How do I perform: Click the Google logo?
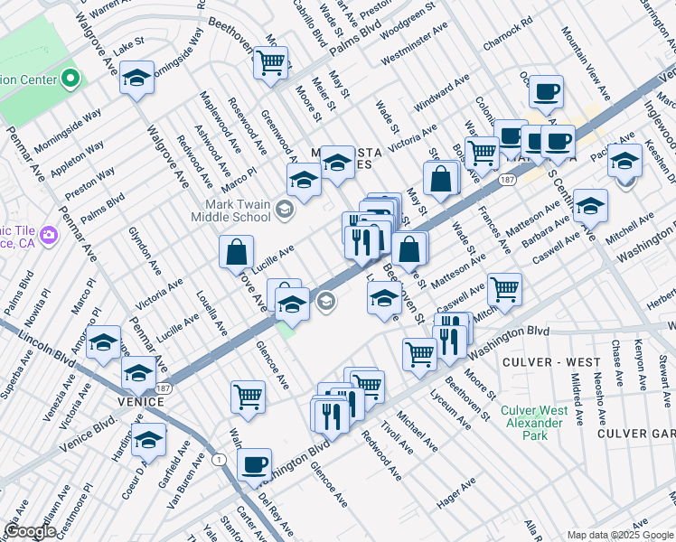pos(31,531)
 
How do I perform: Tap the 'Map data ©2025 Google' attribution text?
pos(620,535)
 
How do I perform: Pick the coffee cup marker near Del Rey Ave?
pos(254,464)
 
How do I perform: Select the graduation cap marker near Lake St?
pos(137,78)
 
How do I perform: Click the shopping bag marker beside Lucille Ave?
pos(236,254)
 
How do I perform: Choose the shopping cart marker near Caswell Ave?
pos(504,289)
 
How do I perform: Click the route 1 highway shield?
pos(219,460)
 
